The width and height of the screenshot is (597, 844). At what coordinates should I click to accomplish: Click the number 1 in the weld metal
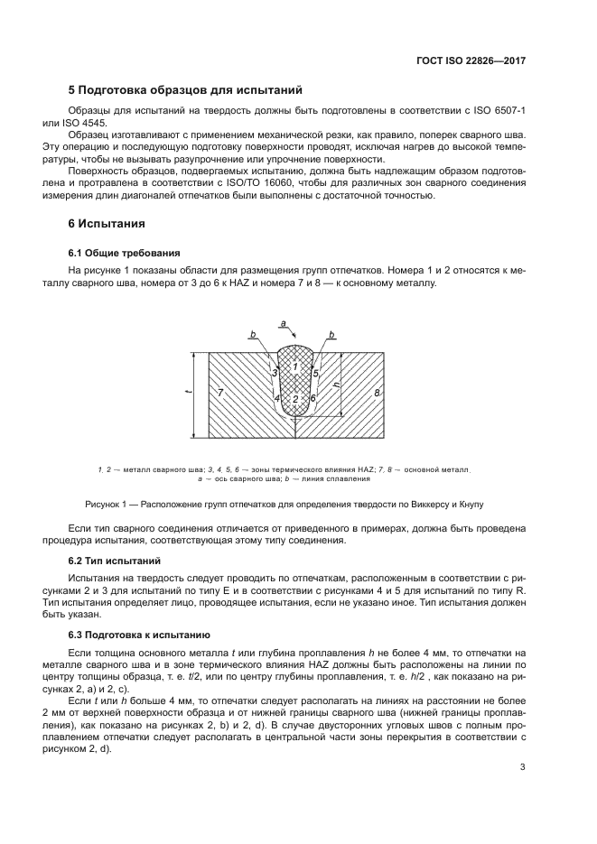(294, 366)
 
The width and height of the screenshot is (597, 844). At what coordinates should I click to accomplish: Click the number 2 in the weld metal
(294, 398)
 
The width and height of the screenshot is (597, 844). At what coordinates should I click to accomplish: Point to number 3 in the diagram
(274, 372)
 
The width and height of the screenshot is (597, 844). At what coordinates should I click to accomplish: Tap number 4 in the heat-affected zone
(276, 398)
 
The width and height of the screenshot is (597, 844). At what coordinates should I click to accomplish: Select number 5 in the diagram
(315, 372)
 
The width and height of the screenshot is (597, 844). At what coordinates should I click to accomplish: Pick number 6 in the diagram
(312, 398)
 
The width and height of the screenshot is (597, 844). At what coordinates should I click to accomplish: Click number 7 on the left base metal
(220, 393)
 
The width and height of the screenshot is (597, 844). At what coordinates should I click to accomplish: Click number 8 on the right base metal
(377, 393)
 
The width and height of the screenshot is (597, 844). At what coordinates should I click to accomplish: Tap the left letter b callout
(254, 334)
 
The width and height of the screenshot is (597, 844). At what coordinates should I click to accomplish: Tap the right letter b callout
(332, 334)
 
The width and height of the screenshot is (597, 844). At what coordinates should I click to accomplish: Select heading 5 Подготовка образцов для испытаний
(185, 90)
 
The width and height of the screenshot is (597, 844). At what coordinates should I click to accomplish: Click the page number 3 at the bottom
(523, 768)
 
